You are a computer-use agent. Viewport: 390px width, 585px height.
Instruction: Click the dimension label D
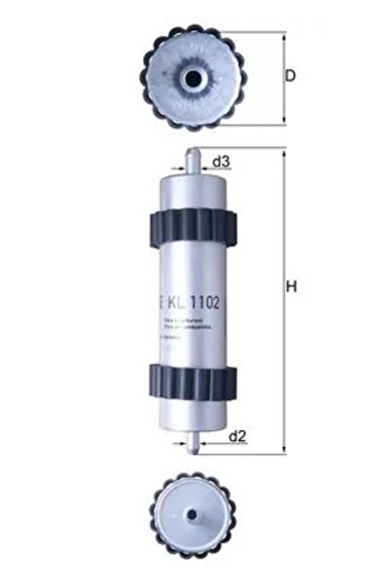(291, 76)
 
